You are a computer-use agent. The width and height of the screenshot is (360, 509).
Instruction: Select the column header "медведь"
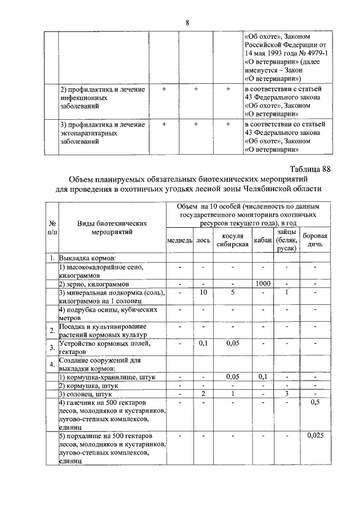click(x=180, y=241)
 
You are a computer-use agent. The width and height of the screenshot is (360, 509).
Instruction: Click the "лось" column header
click(x=203, y=241)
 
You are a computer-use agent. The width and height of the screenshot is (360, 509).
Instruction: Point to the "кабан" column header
click(x=262, y=241)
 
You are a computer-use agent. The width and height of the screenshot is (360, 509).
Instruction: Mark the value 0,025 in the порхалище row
click(x=315, y=435)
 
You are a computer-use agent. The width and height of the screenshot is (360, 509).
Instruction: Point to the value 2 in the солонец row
click(x=203, y=394)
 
